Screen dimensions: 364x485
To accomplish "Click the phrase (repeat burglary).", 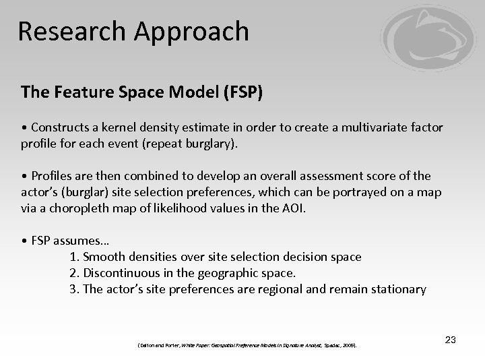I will pyautogui.click(x=202, y=143).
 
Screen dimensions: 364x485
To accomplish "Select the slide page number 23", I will pyautogui.click(x=450, y=340).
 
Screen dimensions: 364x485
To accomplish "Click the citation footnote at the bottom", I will pyautogui.click(x=247, y=345).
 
